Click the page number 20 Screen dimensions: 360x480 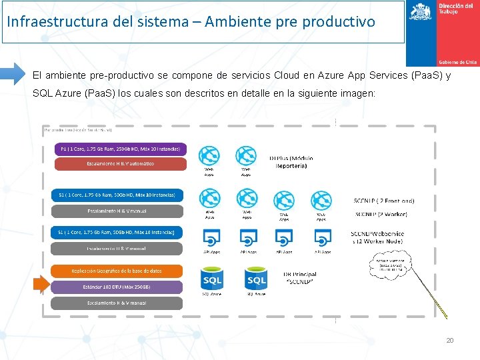pyautogui.click(x=450, y=341)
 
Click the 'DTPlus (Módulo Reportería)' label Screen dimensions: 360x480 pyautogui.click(x=291, y=161)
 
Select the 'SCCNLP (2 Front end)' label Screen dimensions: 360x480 pyautogui.click(x=383, y=201)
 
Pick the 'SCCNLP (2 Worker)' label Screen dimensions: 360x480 pyautogui.click(x=381, y=215)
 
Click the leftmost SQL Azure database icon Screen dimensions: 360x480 pyautogui.click(x=212, y=279)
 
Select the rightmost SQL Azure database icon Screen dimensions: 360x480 pyautogui.click(x=256, y=279)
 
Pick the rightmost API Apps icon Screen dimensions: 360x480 pyautogui.click(x=323, y=238)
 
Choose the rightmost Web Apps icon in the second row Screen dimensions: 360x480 pyautogui.click(x=321, y=200)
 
